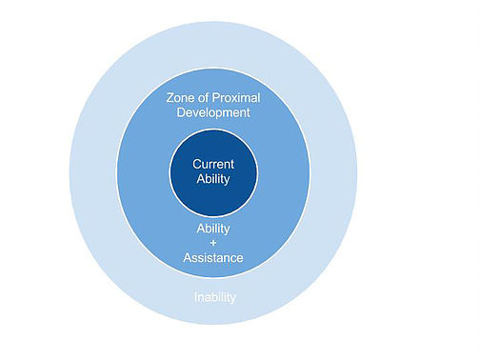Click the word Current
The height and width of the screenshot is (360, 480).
point(212,163)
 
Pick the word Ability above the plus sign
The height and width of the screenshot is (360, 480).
point(212,229)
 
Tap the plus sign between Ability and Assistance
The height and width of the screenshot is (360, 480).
point(212,244)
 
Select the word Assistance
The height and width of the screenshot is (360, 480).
point(212,258)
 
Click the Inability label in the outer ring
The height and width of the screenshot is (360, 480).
point(214,297)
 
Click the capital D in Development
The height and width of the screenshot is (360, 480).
point(181,112)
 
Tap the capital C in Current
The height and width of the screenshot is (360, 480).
point(197,163)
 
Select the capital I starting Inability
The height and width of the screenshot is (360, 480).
point(195,297)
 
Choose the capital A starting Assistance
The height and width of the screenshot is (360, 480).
point(188,258)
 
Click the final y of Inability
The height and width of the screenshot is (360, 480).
point(232,299)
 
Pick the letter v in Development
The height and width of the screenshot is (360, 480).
point(200,112)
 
